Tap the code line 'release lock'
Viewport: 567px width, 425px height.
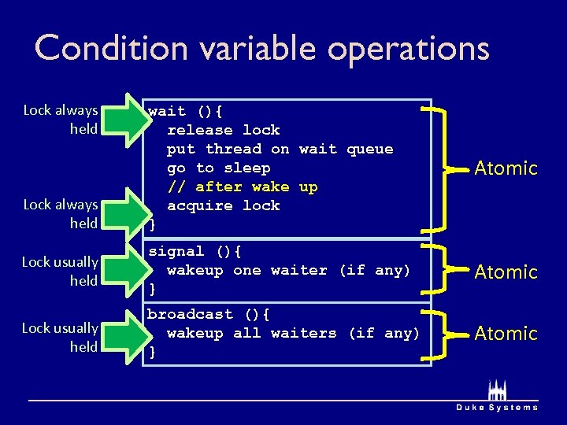click(x=223, y=130)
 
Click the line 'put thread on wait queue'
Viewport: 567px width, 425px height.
click(x=280, y=149)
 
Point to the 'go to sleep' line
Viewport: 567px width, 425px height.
click(x=218, y=168)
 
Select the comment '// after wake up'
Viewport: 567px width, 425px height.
click(x=242, y=187)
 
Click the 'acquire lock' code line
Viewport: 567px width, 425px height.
click(x=223, y=205)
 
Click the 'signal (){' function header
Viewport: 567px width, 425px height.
click(x=195, y=251)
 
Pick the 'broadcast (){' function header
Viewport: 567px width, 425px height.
click(x=209, y=314)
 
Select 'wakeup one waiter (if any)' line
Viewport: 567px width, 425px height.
click(x=288, y=270)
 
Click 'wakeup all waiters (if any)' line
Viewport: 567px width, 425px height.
click(x=293, y=333)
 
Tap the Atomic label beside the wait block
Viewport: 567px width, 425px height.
click(x=506, y=168)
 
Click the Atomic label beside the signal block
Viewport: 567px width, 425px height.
click(x=506, y=272)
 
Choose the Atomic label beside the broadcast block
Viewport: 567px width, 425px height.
click(x=506, y=334)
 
